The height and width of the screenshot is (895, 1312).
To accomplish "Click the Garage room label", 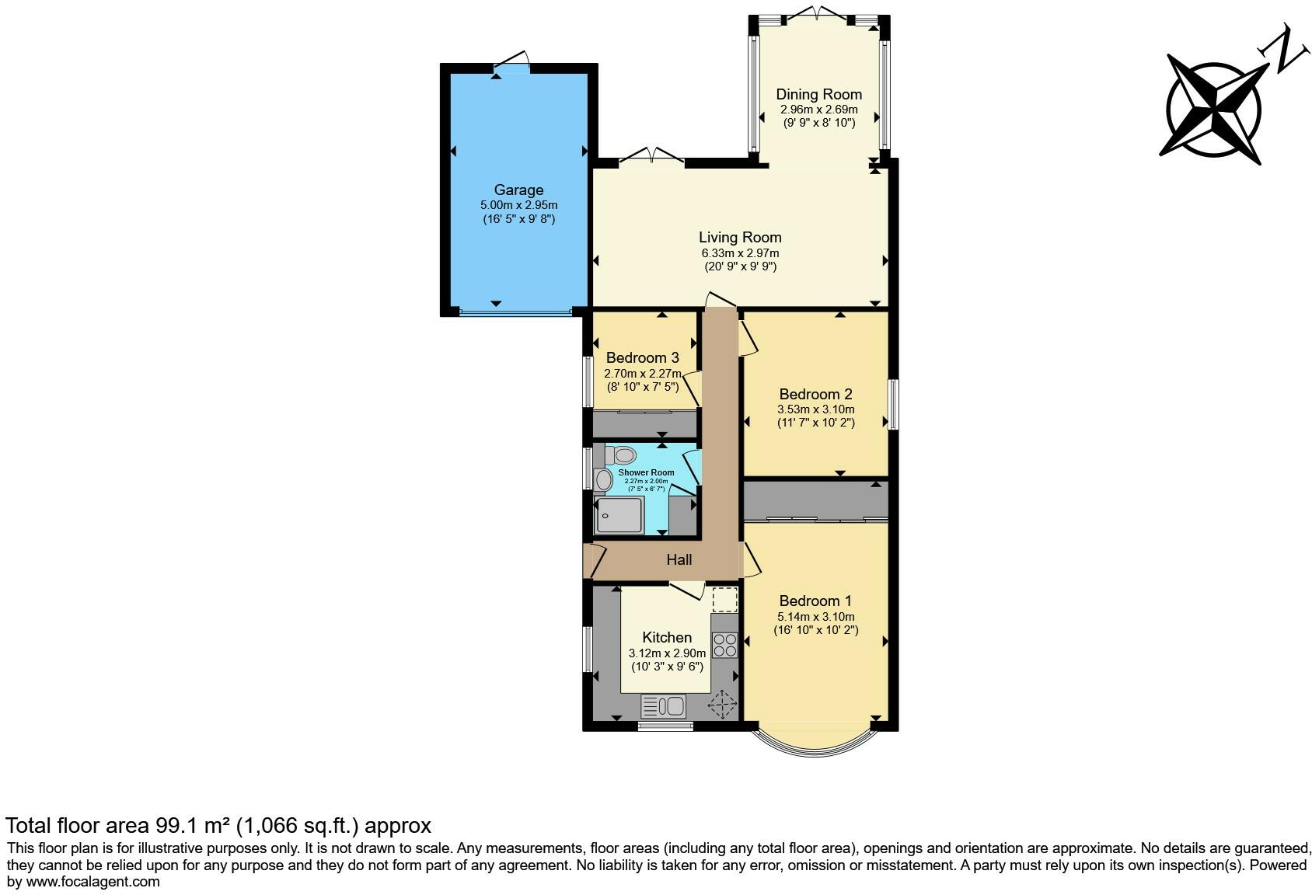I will click(x=518, y=190).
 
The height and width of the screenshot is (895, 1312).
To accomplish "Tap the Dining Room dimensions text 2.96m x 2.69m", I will click(x=818, y=110).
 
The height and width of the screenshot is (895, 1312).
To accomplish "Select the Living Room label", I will click(x=739, y=237).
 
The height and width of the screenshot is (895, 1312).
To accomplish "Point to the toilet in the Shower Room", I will click(x=623, y=454).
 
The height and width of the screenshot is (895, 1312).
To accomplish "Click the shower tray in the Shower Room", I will click(x=619, y=515).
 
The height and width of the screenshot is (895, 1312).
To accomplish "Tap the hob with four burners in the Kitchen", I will click(x=724, y=645).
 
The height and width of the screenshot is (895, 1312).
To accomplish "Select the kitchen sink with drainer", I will click(x=663, y=706).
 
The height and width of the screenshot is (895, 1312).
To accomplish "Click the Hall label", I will click(x=679, y=559).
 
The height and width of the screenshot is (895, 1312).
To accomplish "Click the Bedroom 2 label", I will click(x=815, y=394).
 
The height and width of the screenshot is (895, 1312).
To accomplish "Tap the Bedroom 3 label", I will click(x=642, y=357).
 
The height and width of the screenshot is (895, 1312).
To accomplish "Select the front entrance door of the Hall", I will click(x=594, y=561).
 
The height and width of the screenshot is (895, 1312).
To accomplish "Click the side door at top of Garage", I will click(x=514, y=61).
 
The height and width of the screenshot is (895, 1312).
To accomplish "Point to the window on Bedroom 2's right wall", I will click(x=894, y=404).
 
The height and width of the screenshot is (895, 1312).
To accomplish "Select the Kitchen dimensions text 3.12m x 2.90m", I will click(x=667, y=653).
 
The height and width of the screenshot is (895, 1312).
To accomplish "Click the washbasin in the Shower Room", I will click(x=603, y=480).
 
